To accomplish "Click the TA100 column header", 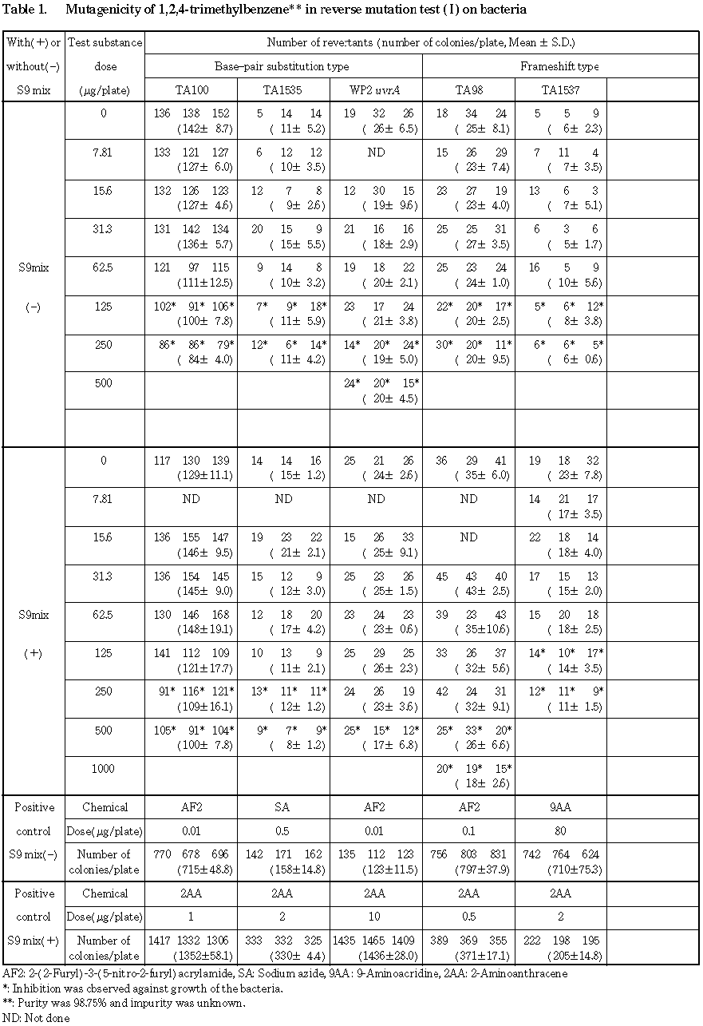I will tap(192, 90).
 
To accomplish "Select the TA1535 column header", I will tap(283, 90).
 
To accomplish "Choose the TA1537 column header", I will tap(560, 90).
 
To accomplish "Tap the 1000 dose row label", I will tap(104, 769).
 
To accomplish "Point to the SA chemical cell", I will tap(283, 807).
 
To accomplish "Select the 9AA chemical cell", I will tap(560, 807).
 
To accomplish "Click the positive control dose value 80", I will tap(560, 830).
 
